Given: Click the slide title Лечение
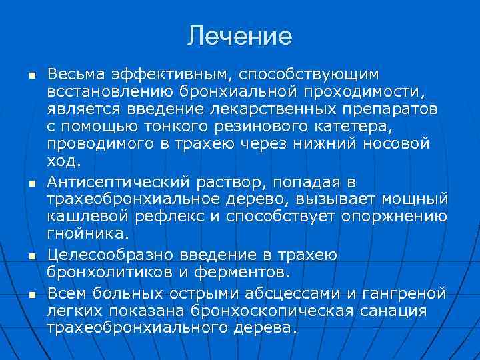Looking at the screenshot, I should [x=239, y=36].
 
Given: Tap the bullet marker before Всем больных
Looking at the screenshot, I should [x=31, y=293].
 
